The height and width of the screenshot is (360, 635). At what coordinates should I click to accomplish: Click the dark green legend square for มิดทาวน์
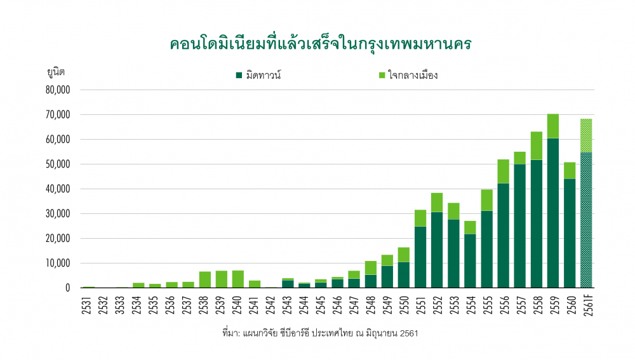239,75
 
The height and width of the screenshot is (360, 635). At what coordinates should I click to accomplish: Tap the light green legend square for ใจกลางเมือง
382,75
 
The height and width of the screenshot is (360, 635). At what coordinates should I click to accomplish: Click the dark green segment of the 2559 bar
553,213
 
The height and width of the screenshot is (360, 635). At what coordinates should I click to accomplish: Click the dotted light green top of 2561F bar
586,135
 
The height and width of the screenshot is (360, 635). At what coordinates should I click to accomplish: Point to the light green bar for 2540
237,279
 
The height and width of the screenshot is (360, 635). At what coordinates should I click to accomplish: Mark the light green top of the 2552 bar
437,202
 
